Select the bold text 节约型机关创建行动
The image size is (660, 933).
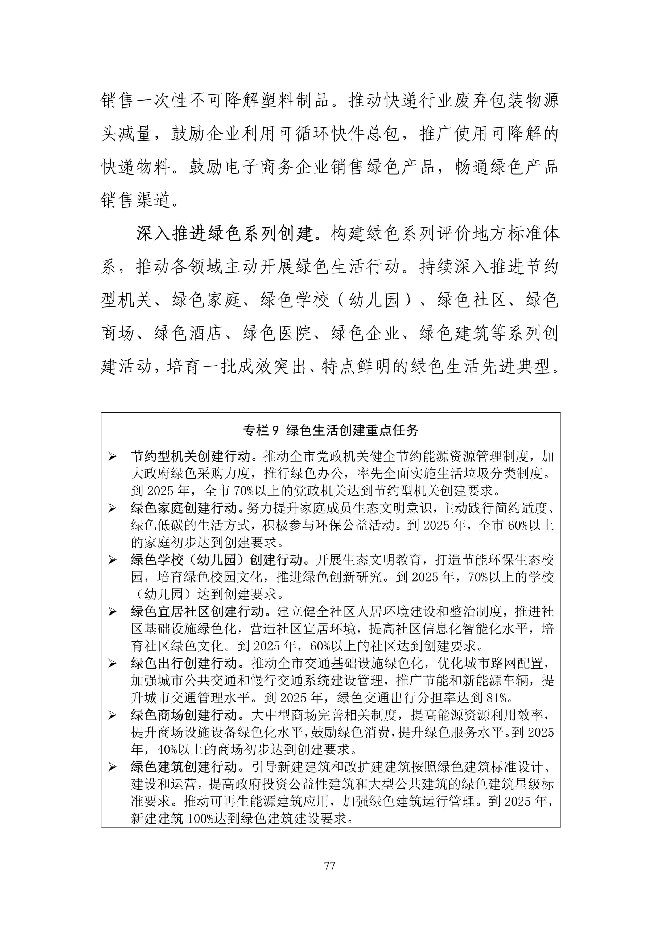click(x=191, y=456)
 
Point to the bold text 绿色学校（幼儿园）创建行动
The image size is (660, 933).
click(x=217, y=560)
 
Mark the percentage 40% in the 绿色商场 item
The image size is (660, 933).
click(x=169, y=750)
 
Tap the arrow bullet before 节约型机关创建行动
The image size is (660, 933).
click(x=112, y=457)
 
